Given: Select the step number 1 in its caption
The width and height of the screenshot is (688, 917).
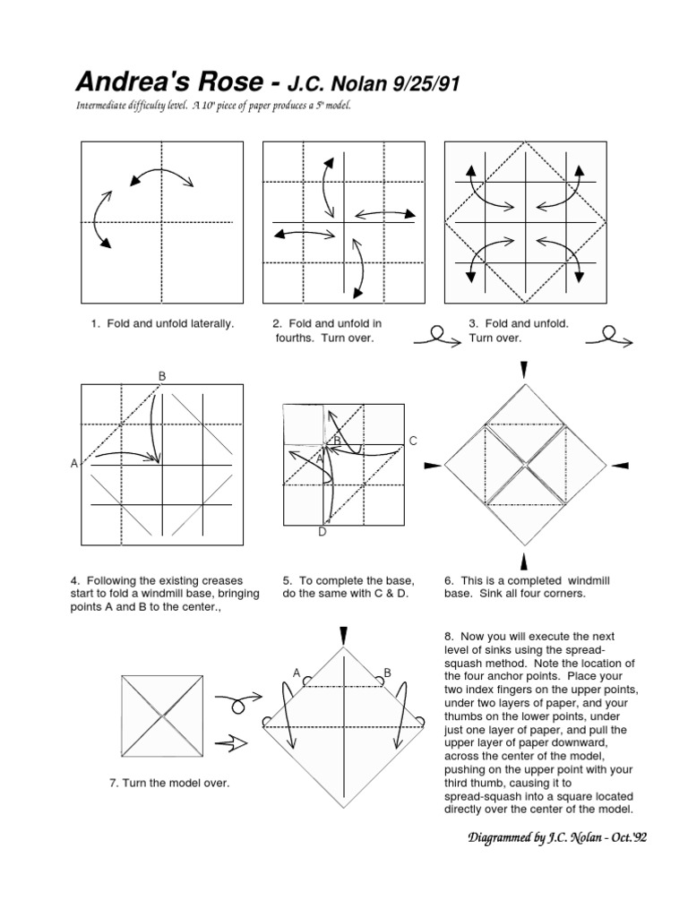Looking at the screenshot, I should click(93, 323).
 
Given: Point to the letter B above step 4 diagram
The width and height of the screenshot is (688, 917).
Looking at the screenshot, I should click(162, 375).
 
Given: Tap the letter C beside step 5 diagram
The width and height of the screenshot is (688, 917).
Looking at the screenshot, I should click(413, 441).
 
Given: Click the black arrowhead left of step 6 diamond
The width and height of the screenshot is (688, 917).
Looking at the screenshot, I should click(430, 465).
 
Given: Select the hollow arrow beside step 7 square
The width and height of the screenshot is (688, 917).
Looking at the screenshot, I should click(237, 741).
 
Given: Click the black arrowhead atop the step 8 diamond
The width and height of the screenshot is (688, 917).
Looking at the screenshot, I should click(344, 634).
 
